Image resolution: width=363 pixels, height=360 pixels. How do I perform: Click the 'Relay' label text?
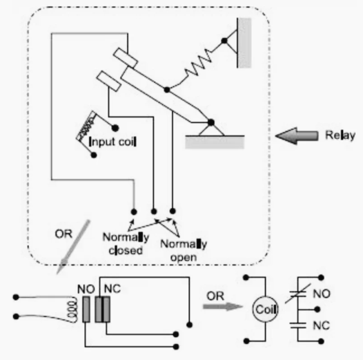[340, 135]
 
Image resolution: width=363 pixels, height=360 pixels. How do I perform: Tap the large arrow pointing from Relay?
[297, 136]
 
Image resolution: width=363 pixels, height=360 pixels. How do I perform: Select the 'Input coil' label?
[112, 142]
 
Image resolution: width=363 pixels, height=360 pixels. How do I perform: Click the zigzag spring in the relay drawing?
[198, 62]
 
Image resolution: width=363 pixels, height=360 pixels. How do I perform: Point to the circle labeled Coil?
[265, 309]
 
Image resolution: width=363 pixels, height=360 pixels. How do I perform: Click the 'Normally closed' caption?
[126, 244]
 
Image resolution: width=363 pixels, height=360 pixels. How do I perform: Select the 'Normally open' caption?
[184, 251]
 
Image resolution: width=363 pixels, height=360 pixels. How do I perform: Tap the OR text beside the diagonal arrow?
[63, 234]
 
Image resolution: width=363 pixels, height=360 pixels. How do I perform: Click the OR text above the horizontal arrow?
[215, 296]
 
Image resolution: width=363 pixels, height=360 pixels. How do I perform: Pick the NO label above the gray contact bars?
[86, 289]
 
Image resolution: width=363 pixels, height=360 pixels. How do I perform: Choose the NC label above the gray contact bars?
[112, 289]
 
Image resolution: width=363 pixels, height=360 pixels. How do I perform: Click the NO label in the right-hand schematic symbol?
[322, 294]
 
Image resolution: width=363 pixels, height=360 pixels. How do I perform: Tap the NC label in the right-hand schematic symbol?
[322, 325]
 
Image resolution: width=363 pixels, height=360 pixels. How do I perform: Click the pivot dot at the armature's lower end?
[211, 122]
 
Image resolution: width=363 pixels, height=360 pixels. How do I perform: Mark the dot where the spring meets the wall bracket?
[224, 41]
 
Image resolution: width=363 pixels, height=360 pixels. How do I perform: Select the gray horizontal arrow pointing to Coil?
[223, 307]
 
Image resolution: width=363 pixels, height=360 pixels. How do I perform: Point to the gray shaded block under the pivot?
[215, 142]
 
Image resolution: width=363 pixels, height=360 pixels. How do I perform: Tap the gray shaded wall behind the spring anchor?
[244, 43]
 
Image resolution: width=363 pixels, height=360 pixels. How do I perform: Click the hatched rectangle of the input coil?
[86, 126]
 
